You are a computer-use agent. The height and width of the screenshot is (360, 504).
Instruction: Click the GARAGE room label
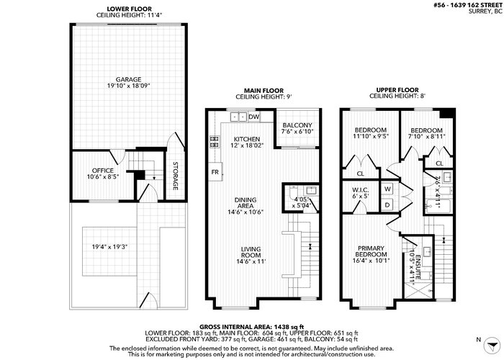click(x=129, y=79)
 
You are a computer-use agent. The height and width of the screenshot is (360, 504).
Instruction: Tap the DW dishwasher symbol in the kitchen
click(x=254, y=117)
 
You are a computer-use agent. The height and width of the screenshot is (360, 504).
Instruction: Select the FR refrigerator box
click(x=215, y=172)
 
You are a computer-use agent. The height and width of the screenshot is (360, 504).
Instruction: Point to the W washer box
click(x=387, y=189)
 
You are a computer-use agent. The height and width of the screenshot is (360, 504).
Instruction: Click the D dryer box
click(x=387, y=204)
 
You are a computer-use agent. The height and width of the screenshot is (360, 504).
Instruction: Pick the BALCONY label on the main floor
click(x=297, y=125)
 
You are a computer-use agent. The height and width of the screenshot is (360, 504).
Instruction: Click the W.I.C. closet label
click(x=360, y=190)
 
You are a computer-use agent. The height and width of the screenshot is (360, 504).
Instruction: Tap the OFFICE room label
click(x=103, y=171)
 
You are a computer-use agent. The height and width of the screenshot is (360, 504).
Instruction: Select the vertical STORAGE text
click(x=175, y=176)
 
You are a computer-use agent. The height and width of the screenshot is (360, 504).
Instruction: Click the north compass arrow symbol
click(x=492, y=346)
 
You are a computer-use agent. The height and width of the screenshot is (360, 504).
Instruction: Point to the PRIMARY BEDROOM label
click(x=372, y=251)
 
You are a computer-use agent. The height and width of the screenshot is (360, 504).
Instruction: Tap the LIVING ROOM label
click(x=251, y=252)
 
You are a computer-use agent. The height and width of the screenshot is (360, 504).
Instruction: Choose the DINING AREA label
click(x=246, y=203)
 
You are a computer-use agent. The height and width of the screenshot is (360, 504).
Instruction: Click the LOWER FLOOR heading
click(x=129, y=9)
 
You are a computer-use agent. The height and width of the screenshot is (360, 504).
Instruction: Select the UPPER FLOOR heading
click(x=397, y=90)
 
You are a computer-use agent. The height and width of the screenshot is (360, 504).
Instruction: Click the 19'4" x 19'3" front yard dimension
click(x=110, y=247)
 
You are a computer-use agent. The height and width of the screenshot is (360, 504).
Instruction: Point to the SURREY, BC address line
click(x=485, y=11)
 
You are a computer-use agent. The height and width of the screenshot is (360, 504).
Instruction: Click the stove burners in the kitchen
click(x=215, y=142)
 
